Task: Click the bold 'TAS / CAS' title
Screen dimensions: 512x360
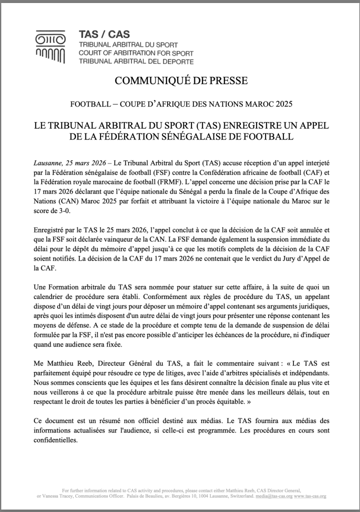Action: point(104,34)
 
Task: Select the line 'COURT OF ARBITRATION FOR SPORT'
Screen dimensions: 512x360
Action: point(136,53)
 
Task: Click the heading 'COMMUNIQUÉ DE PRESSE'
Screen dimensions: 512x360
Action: point(180,80)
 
